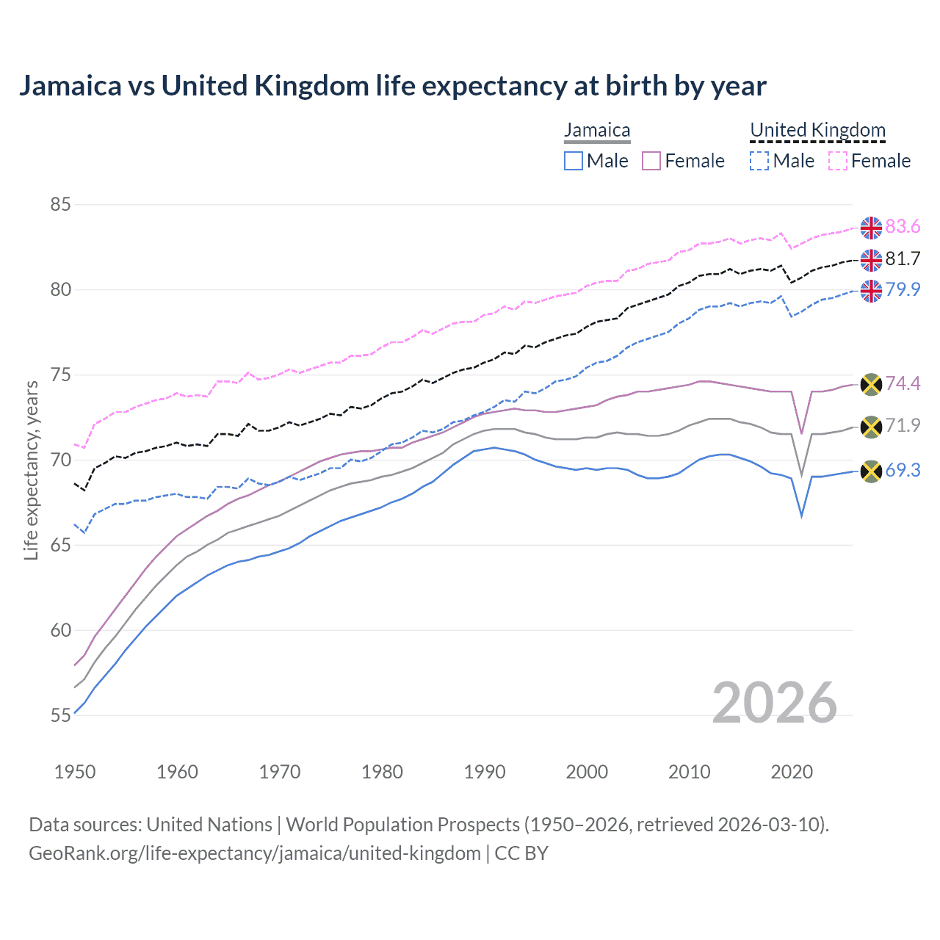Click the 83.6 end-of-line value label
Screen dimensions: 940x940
coord(903,227)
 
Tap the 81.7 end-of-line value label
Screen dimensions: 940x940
coord(903,258)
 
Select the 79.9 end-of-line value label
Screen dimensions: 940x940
coord(903,289)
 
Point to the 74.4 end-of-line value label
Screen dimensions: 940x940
coord(903,383)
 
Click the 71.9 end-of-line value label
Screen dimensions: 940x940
coord(903,425)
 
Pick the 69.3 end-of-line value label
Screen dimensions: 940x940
coord(903,471)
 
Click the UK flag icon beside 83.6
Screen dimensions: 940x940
coord(871,228)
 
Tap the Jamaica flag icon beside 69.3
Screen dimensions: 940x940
coord(871,471)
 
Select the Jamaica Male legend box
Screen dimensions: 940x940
coord(574,161)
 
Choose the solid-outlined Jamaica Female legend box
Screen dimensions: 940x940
coord(651,161)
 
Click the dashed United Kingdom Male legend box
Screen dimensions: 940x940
coord(759,161)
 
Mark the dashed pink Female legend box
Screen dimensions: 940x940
coord(838,161)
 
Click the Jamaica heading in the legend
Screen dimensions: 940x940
coord(597,130)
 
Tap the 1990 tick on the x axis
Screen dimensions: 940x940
coord(485,772)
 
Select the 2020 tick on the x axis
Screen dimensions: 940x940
coord(792,772)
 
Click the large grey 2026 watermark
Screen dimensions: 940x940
coord(775,703)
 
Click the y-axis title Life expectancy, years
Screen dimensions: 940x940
coord(32,471)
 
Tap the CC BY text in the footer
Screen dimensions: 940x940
coord(521,853)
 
